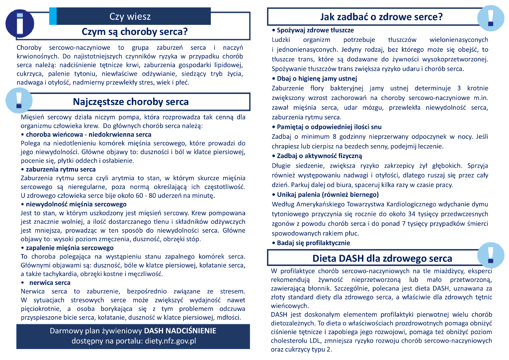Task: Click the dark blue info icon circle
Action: [19, 22]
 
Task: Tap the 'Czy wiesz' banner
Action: [130, 16]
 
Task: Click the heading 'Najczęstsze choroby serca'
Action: [131, 102]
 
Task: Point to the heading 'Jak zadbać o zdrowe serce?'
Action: [381, 17]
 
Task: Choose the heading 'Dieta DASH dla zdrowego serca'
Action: [382, 258]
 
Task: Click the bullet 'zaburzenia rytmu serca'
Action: [61, 169]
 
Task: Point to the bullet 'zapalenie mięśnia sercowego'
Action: [70, 248]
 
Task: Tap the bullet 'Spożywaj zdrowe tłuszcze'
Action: [312, 30]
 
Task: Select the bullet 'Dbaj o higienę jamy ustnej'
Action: [317, 79]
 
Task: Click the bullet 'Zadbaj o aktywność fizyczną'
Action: [316, 156]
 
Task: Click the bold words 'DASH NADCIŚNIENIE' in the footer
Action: [180, 331]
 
